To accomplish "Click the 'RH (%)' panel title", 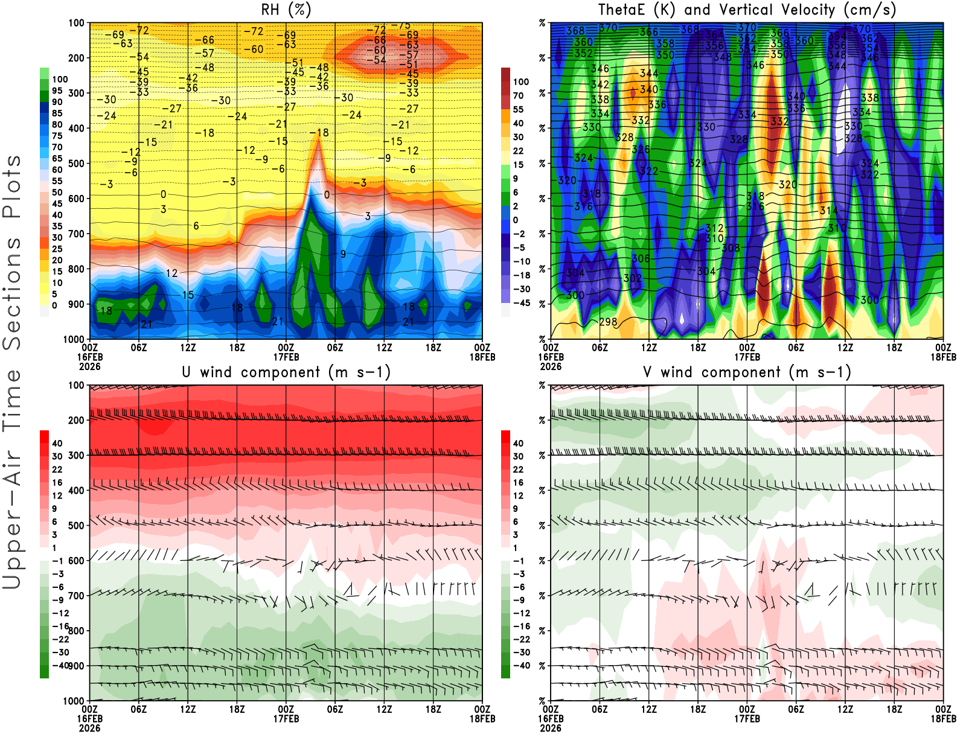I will click(x=286, y=10).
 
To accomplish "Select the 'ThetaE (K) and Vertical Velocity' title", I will click(x=747, y=10).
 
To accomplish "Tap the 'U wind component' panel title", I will click(x=286, y=372).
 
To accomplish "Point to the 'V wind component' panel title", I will click(x=747, y=372).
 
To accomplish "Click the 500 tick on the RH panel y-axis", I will click(x=77, y=163).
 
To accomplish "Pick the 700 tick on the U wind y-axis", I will click(x=77, y=596).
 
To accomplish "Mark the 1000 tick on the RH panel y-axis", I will click(x=74, y=339).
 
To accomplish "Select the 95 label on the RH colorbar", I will click(x=57, y=91).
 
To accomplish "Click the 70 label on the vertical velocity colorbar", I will click(x=518, y=95).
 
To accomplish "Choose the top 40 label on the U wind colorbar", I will click(x=57, y=443).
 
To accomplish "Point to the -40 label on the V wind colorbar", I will click(x=520, y=665).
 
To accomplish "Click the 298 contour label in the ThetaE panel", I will click(x=608, y=322).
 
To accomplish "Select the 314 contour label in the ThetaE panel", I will click(x=828, y=210).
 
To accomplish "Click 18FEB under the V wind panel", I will click(x=943, y=719).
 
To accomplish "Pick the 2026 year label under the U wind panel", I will click(x=89, y=728).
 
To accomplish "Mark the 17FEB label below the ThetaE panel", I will click(x=747, y=357).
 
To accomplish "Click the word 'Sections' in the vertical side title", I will click(x=12, y=293).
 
